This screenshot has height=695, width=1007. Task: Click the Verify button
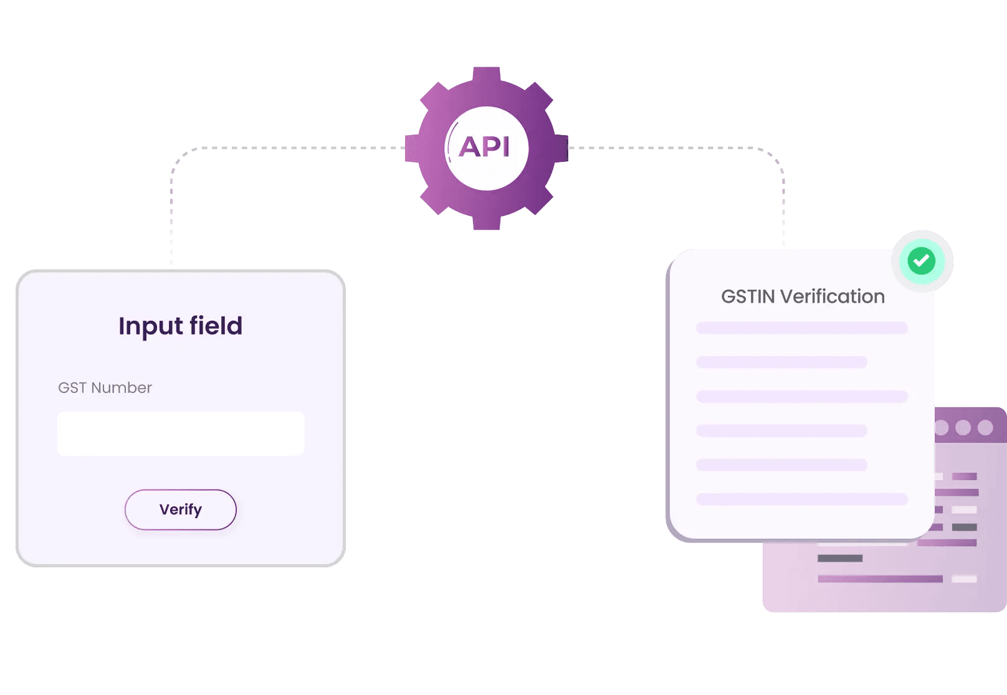coord(181,509)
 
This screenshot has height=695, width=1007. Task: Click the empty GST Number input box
coord(181,433)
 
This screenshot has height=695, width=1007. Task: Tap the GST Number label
coord(105,388)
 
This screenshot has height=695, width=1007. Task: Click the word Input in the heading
coord(150,326)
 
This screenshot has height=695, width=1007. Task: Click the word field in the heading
coord(216,326)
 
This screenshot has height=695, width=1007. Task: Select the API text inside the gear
coord(485,148)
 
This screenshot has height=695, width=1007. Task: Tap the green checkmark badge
coord(922,261)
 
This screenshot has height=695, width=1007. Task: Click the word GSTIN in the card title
coord(748,296)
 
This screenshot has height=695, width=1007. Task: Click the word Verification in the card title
coord(833,296)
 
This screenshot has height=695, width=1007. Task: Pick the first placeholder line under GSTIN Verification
coord(802,328)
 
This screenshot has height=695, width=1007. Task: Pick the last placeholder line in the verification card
coord(802,499)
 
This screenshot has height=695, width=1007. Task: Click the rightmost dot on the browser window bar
coord(985,427)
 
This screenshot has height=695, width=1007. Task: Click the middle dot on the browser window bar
coord(963,427)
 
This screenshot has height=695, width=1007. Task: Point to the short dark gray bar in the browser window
coord(840,558)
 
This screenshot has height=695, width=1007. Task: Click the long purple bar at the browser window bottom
coord(880,579)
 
